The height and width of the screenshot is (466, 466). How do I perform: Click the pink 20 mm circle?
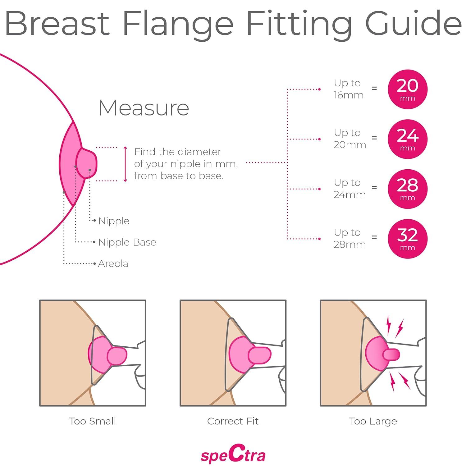(x=408, y=89)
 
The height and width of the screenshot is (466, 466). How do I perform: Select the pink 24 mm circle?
(x=408, y=139)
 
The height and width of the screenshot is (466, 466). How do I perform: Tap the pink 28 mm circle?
(x=408, y=189)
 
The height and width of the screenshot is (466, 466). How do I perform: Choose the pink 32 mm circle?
(x=408, y=239)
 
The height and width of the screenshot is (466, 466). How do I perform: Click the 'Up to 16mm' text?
(x=348, y=89)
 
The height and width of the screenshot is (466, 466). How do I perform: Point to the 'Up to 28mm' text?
(x=349, y=238)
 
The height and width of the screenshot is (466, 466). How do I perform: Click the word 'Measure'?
(x=144, y=108)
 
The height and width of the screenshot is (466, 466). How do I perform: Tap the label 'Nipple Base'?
(x=127, y=242)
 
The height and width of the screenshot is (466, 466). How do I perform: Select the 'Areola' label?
(x=113, y=264)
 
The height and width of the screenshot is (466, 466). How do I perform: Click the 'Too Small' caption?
(x=93, y=421)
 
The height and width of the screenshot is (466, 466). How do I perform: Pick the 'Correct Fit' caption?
(x=233, y=421)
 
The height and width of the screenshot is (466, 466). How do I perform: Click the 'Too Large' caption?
(x=373, y=421)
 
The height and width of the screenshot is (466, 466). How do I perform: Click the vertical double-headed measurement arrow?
(x=126, y=164)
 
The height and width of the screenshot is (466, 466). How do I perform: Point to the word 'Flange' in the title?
(x=178, y=24)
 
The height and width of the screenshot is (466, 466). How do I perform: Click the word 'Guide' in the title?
(x=413, y=24)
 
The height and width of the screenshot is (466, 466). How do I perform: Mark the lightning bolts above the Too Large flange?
(x=394, y=326)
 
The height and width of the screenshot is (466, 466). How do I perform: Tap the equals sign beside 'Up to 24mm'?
(x=374, y=187)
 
